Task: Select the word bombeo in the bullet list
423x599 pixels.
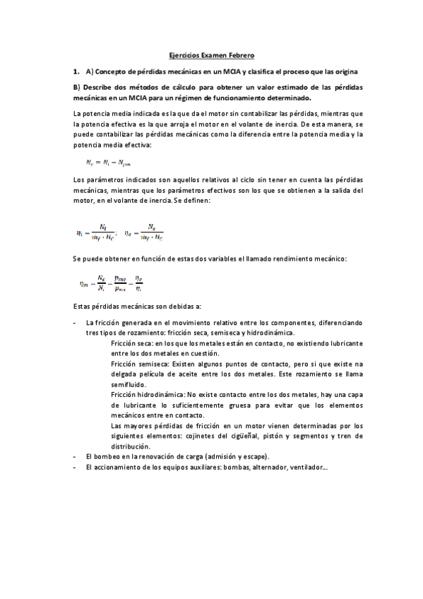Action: pos(107,456)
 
